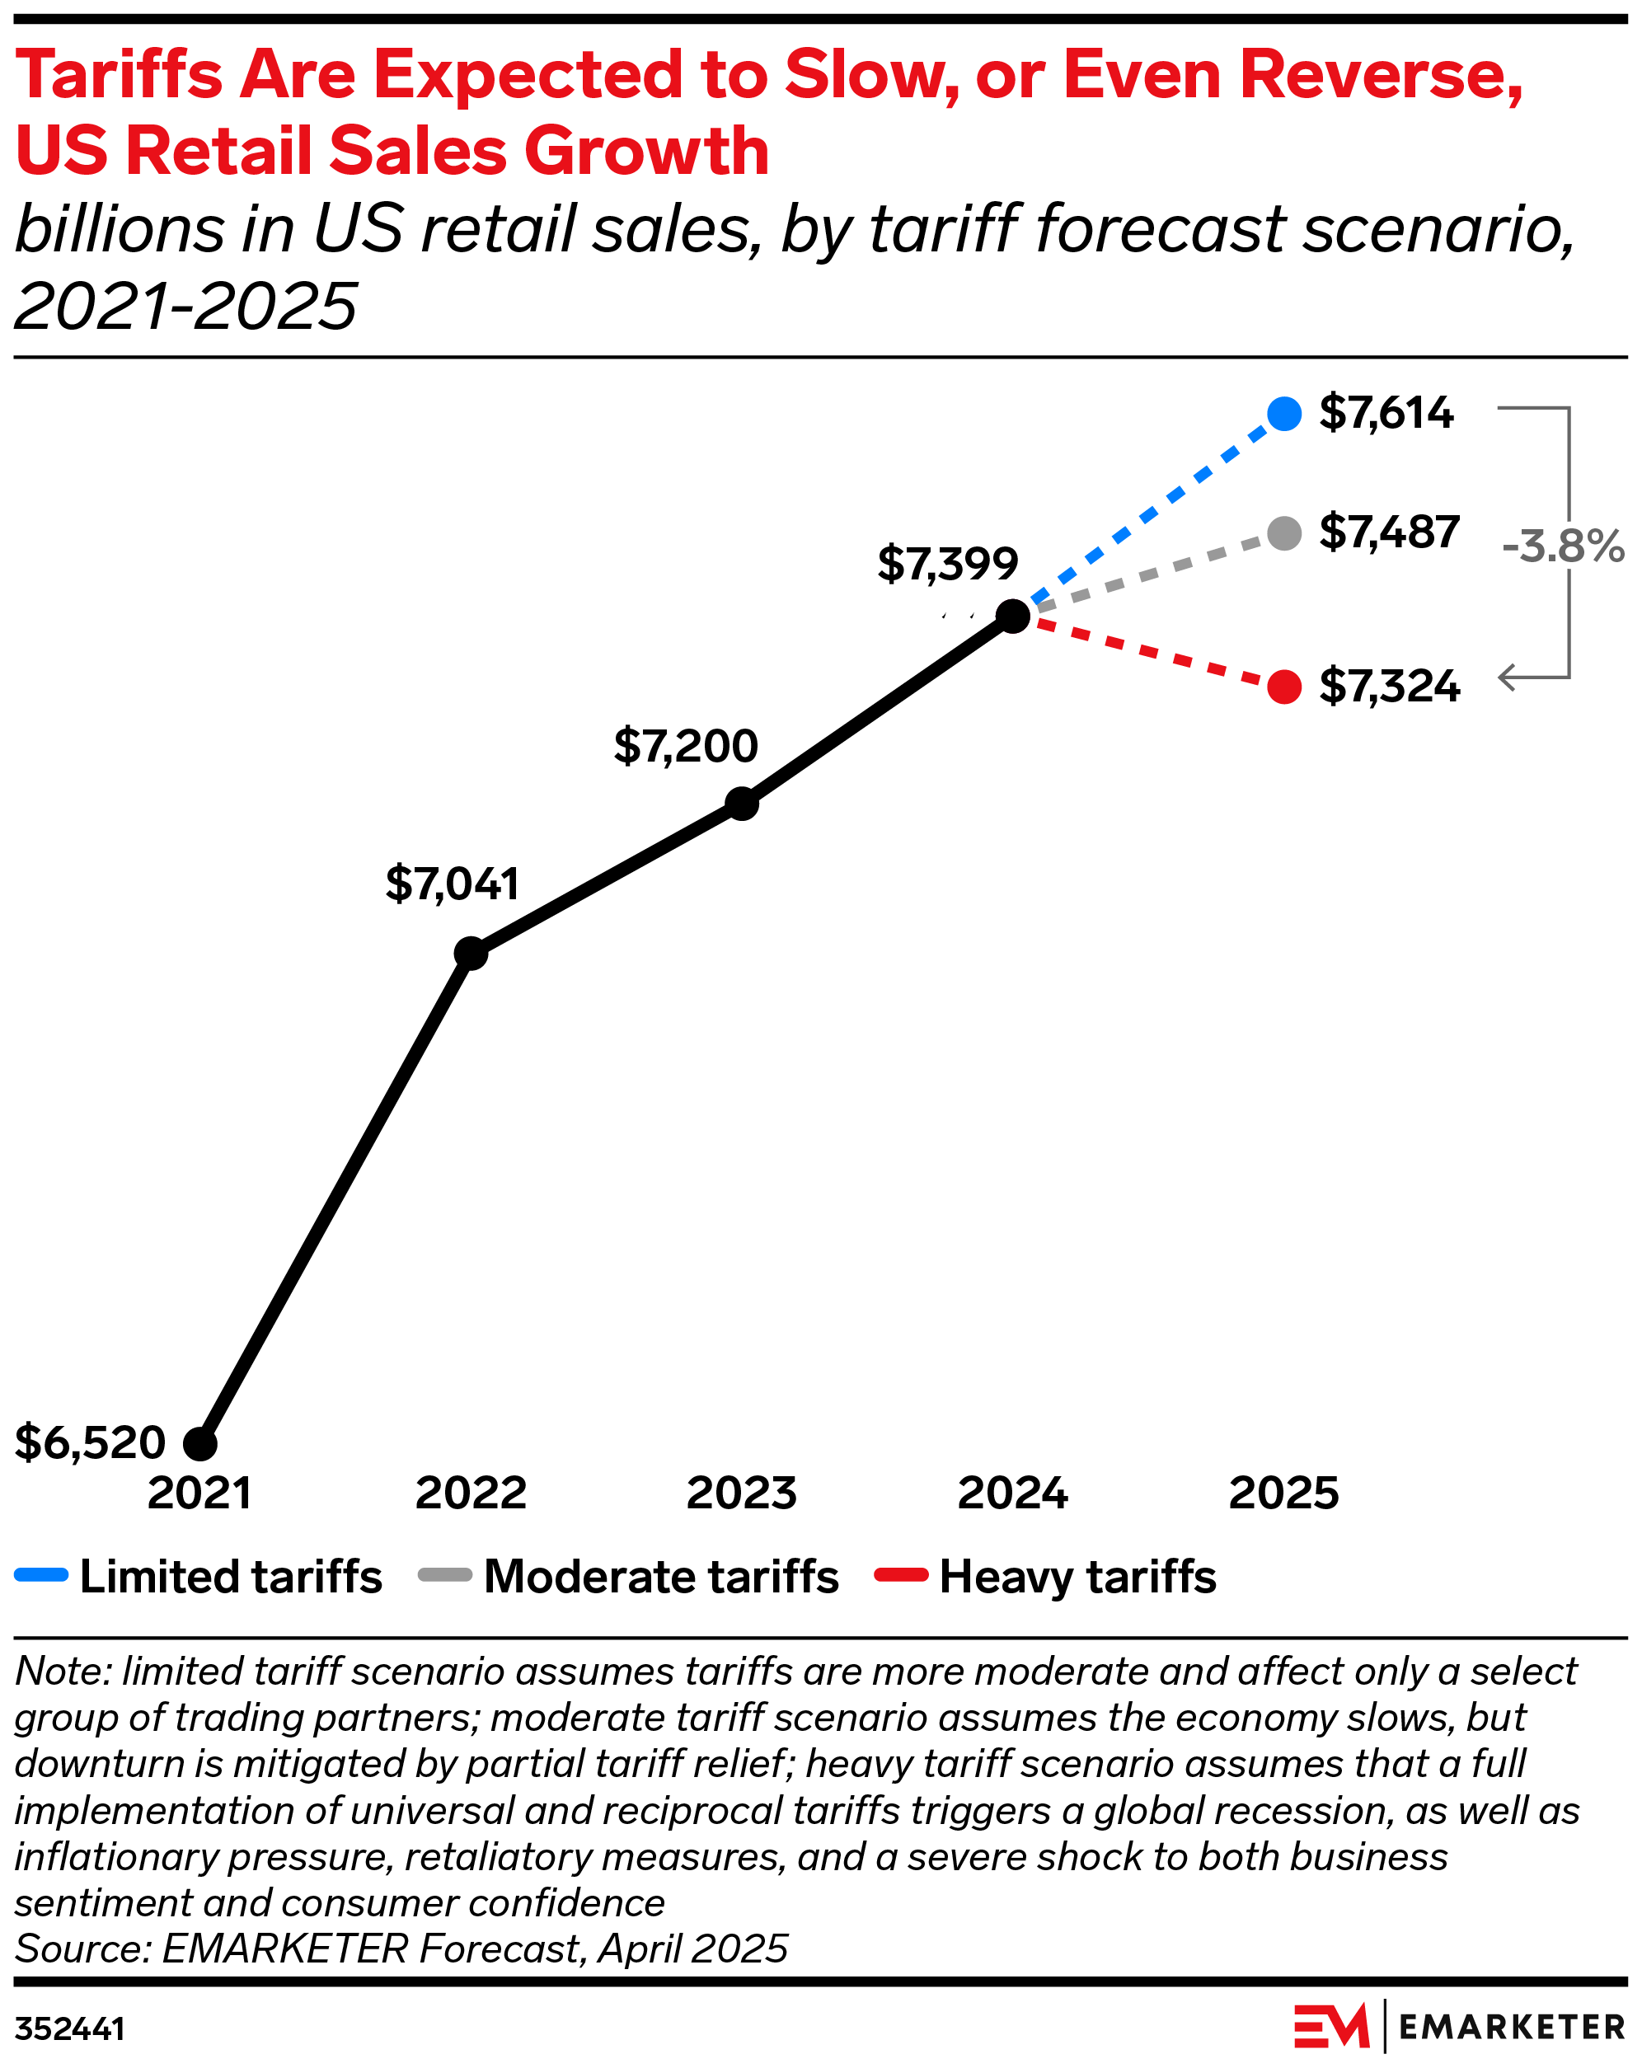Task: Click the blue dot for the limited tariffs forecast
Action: (1283, 414)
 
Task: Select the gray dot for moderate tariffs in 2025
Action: (1283, 532)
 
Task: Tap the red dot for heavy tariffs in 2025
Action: (1283, 687)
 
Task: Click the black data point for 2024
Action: (1013, 616)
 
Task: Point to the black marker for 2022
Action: (470, 954)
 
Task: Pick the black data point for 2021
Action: (199, 1442)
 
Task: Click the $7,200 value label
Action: (686, 746)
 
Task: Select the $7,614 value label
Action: (1386, 412)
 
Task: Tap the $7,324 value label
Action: (1389, 687)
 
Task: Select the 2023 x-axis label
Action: (741, 1494)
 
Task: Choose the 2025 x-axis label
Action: (1283, 1494)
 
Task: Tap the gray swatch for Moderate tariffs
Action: (445, 1575)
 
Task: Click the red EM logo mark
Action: (1331, 2027)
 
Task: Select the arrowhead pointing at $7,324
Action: (1506, 678)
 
